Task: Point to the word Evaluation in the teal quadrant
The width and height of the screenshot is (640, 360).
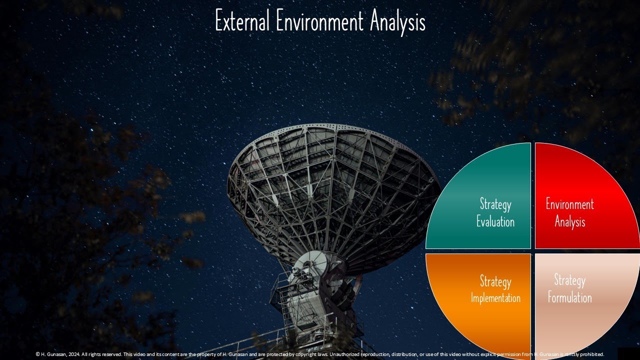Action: (x=495, y=221)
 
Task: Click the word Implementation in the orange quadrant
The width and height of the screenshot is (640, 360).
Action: (x=495, y=298)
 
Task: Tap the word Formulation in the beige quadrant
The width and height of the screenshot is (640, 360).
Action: (x=569, y=298)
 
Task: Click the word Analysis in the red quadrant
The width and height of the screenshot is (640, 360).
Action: (x=569, y=221)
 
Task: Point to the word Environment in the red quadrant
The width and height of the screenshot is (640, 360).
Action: (x=569, y=204)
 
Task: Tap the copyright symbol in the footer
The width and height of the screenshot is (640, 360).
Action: (x=38, y=354)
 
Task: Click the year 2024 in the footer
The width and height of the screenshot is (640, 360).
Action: (x=72, y=354)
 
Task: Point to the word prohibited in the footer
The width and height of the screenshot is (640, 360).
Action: (x=591, y=354)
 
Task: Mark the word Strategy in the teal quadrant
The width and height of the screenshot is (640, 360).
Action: (x=495, y=204)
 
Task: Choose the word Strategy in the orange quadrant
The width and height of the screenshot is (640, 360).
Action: (x=495, y=281)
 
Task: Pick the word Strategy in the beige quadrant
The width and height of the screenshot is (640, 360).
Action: (x=569, y=280)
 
